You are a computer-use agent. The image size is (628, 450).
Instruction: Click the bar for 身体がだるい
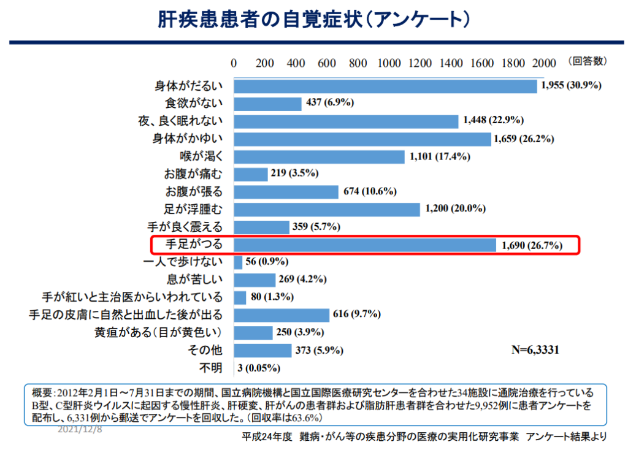[x=385, y=86]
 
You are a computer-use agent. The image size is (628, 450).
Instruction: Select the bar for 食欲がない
[x=267, y=104]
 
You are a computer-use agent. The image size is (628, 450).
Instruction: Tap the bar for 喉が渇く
[x=319, y=156]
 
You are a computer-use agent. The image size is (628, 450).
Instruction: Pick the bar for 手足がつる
[x=365, y=245]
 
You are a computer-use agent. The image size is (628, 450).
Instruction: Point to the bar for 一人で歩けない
[x=238, y=262]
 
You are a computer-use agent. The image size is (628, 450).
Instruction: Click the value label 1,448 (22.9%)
[x=494, y=121]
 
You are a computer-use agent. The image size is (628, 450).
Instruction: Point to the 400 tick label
[x=296, y=63]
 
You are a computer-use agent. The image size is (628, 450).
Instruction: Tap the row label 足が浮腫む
[x=193, y=209]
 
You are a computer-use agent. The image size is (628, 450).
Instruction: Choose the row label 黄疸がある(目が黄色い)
[x=158, y=333]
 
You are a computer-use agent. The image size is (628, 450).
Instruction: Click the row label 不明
[x=209, y=368]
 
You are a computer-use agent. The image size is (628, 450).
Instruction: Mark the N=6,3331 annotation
[x=535, y=350]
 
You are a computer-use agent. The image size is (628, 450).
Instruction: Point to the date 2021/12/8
[x=80, y=430]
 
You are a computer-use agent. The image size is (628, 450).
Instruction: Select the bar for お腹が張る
[x=286, y=192]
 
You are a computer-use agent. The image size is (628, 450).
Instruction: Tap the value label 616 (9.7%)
[x=357, y=315]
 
